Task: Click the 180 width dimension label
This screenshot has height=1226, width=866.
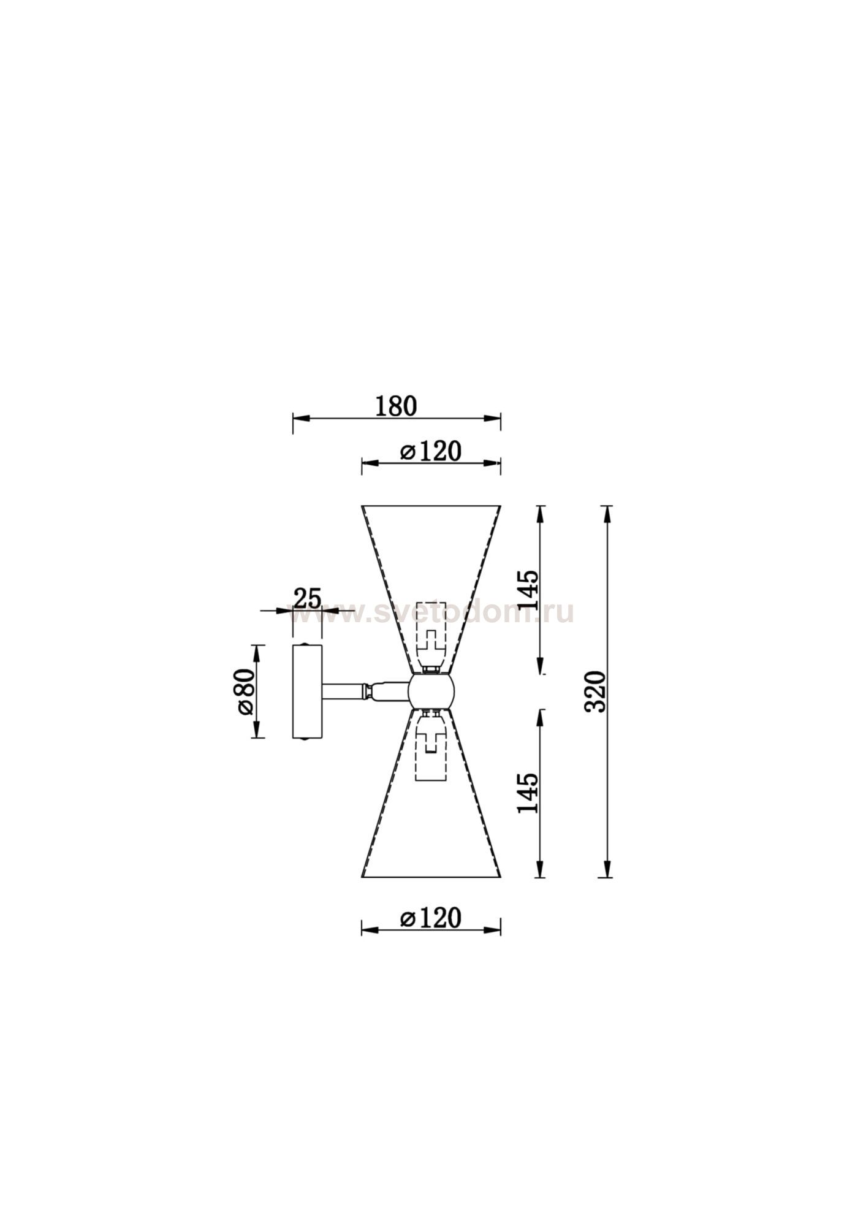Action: point(396,406)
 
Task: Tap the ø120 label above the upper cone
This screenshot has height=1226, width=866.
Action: point(430,452)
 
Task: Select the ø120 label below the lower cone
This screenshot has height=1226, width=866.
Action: point(430,918)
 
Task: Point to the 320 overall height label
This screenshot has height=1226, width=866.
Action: point(595,691)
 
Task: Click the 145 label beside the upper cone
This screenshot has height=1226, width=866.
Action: point(528,589)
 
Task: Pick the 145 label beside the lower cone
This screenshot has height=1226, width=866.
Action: point(528,793)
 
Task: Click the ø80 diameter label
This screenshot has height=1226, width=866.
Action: point(243,691)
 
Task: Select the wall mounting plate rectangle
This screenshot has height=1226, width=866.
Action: point(307,691)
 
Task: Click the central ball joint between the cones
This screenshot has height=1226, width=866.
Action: point(431,691)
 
